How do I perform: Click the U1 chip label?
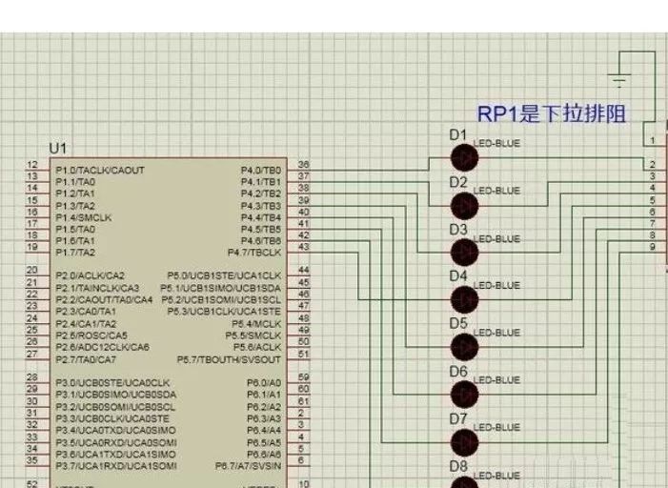coord(59,149)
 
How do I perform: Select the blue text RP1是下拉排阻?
coord(552,114)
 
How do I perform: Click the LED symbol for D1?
coord(464,157)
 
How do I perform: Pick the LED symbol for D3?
coord(464,252)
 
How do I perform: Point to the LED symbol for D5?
coord(464,347)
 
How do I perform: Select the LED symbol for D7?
coord(464,441)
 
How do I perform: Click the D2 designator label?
coord(458,182)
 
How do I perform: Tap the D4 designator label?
coord(458,276)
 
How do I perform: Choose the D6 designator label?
coord(458,371)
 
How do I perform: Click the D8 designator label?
coord(458,466)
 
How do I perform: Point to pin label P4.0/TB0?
coord(262,170)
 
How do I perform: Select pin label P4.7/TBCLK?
coord(255,253)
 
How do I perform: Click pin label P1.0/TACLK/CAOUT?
coord(100,170)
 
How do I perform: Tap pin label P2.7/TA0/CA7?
coord(86,359)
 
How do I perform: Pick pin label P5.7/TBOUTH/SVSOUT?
coord(230,359)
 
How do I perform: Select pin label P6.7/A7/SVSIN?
coord(249,466)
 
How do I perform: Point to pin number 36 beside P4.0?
coord(304,165)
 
